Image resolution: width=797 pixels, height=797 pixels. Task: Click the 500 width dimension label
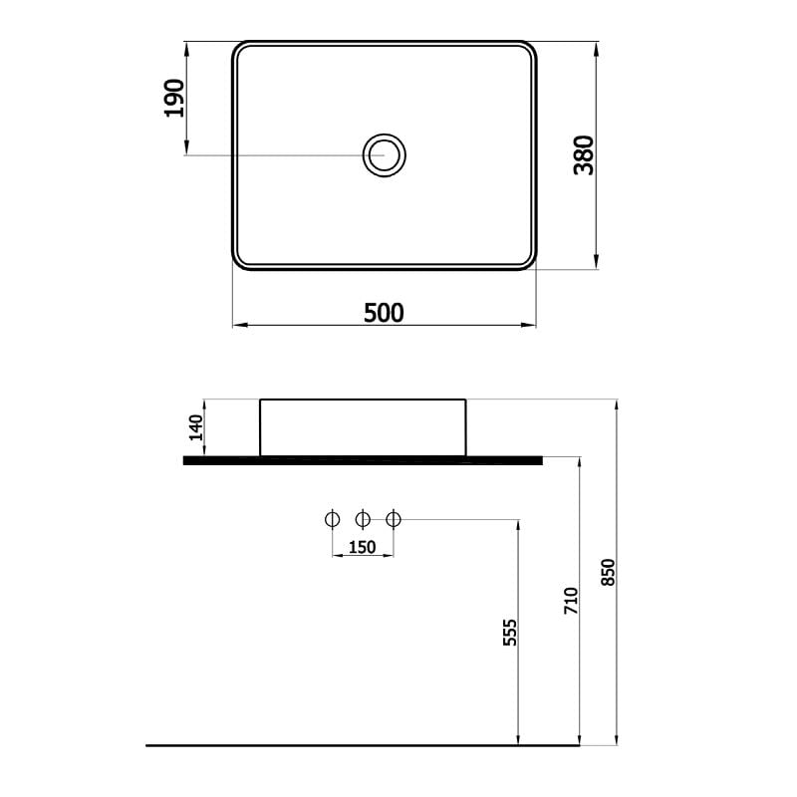click(384, 313)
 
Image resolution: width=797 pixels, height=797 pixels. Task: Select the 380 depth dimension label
click(584, 155)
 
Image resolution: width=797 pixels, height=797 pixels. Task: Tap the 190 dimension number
click(174, 98)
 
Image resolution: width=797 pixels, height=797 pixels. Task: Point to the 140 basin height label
click(195, 427)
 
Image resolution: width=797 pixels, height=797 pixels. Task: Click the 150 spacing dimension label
click(363, 547)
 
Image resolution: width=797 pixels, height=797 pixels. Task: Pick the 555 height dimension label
click(510, 633)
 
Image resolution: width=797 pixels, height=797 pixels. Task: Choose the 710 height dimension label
click(571, 601)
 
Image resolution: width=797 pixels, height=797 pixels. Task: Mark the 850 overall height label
click(608, 572)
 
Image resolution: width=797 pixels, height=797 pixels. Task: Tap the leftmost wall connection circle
click(332, 519)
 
